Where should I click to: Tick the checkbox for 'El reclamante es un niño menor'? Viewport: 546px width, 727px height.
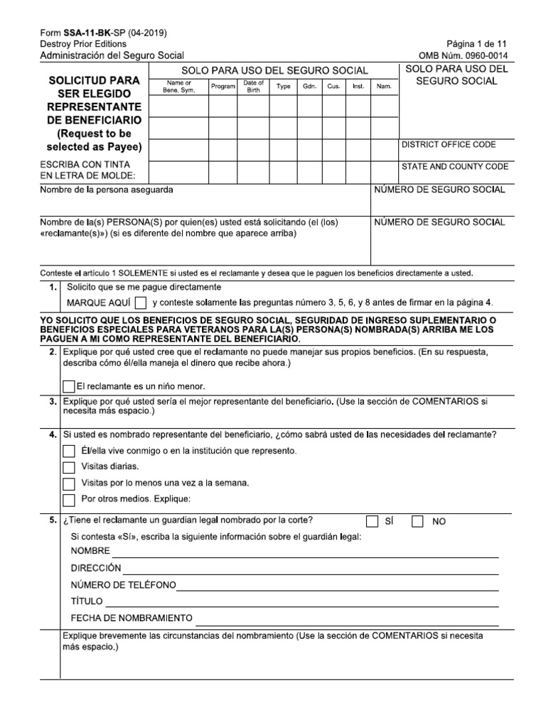(x=68, y=387)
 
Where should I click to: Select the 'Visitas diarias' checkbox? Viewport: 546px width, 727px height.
(x=68, y=467)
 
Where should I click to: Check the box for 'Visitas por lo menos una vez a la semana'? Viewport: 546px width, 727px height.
(x=68, y=483)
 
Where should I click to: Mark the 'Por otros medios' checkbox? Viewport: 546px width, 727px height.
(x=68, y=499)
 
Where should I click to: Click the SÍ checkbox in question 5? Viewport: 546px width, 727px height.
(x=372, y=521)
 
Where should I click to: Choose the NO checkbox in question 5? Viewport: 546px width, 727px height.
(x=418, y=521)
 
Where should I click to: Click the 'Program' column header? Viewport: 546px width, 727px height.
(x=223, y=87)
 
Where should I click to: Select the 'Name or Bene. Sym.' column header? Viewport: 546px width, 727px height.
(x=178, y=87)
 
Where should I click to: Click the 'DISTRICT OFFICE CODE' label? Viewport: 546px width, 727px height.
(x=449, y=145)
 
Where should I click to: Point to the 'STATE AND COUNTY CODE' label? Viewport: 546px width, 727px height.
(x=454, y=167)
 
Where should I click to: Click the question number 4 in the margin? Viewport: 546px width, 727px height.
(x=52, y=434)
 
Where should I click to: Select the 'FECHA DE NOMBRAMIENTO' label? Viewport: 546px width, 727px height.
(x=132, y=618)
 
